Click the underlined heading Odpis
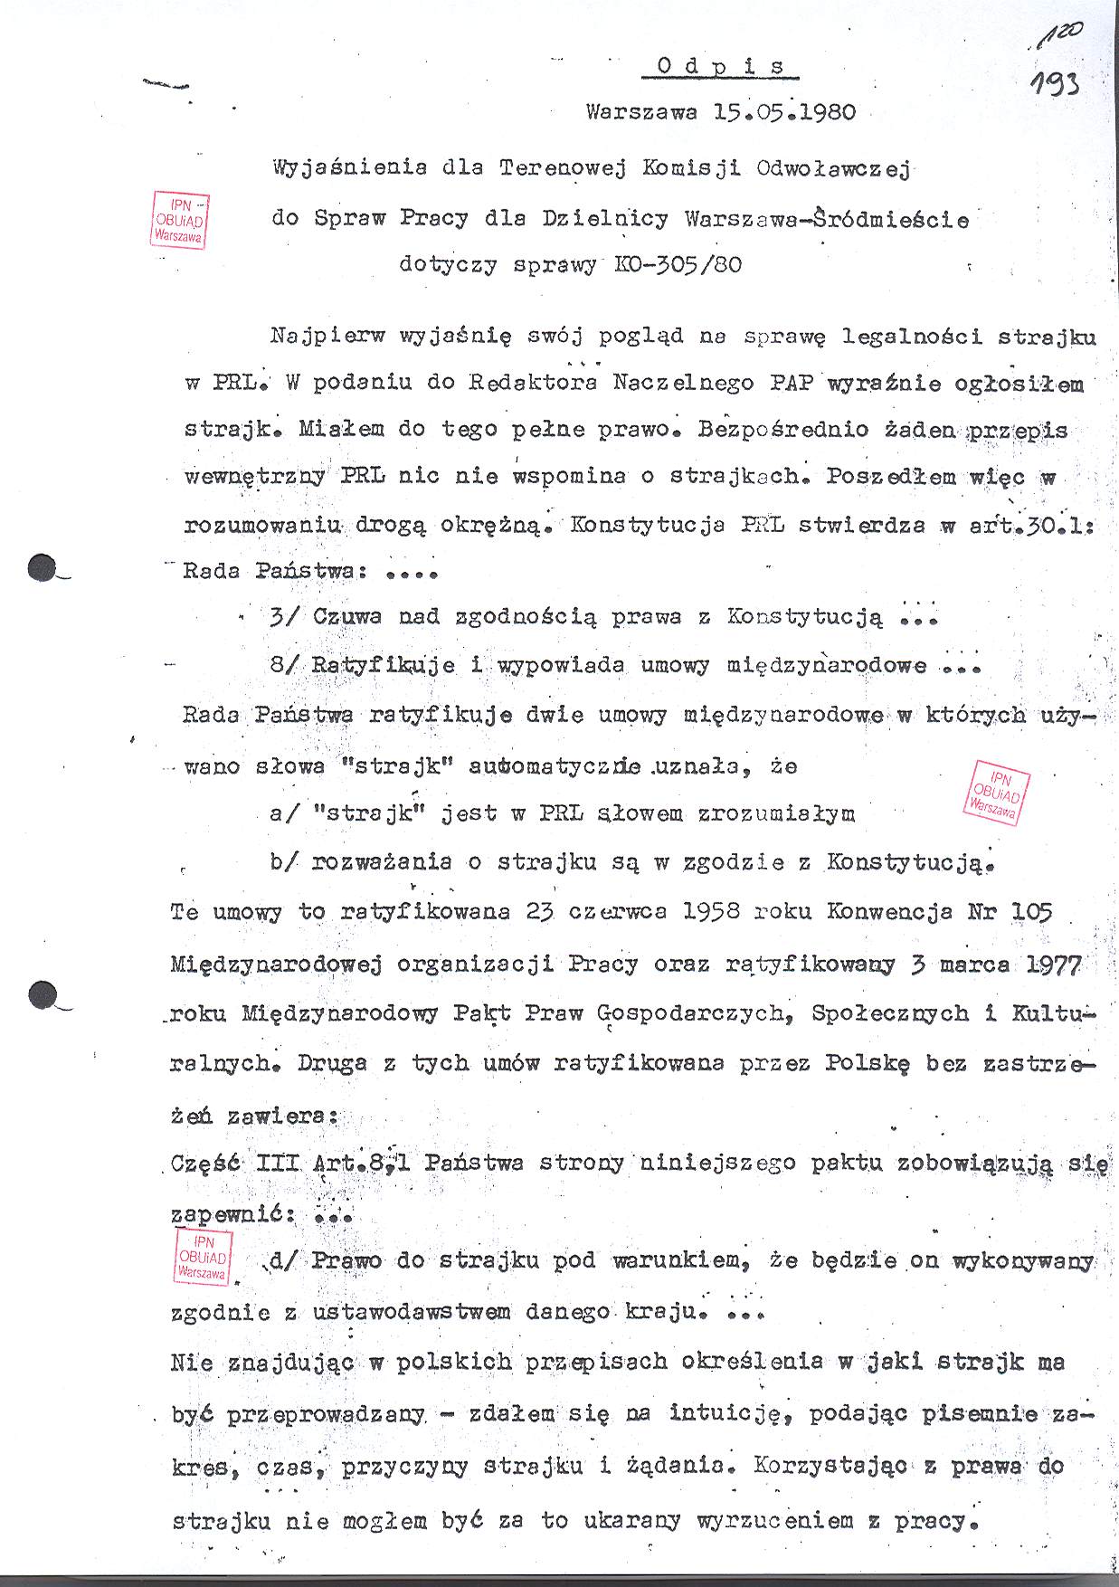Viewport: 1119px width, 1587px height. click(721, 66)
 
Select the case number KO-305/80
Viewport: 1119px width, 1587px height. click(678, 266)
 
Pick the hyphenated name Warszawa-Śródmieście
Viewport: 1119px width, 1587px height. click(827, 219)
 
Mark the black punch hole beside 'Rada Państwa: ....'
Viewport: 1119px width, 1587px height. click(43, 568)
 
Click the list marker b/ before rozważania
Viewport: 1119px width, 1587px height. click(283, 862)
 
